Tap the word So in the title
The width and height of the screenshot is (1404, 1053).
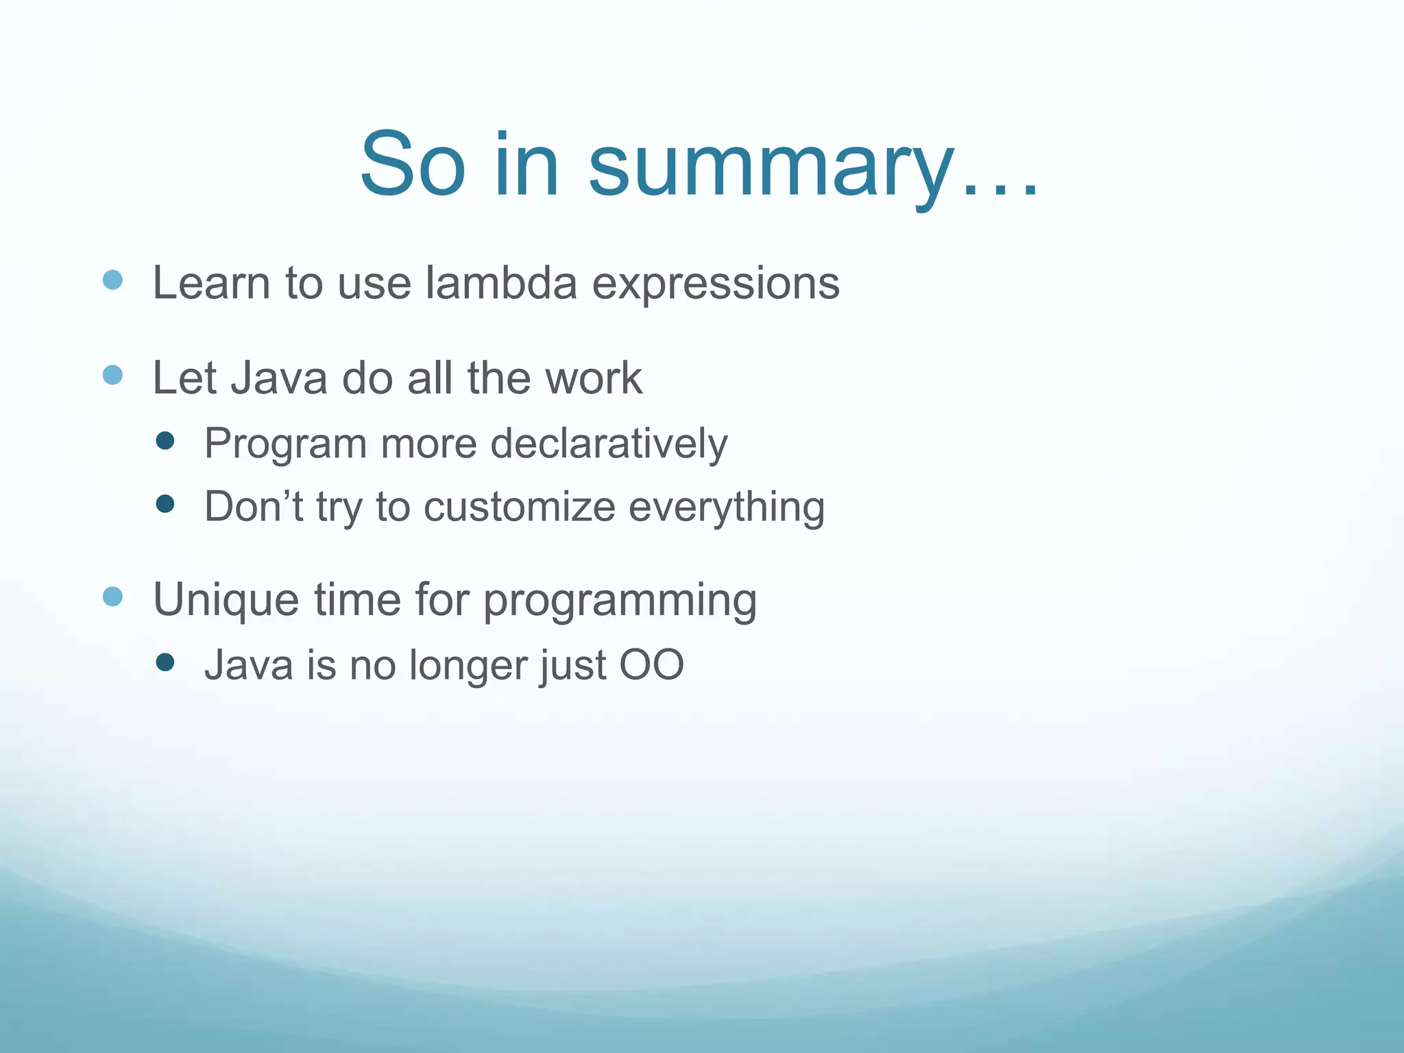point(413,165)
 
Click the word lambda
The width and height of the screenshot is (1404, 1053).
point(501,282)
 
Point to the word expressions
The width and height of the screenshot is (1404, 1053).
point(716,284)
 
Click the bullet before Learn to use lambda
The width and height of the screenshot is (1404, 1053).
point(112,280)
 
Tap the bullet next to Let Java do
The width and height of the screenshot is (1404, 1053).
point(112,375)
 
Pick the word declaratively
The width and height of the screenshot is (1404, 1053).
point(609,444)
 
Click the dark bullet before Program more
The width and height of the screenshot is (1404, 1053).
point(165,440)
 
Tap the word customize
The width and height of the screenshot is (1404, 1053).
point(519,507)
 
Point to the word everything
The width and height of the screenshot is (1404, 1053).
point(726,508)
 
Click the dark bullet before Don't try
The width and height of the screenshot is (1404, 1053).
point(165,505)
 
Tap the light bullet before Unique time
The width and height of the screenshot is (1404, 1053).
point(112,596)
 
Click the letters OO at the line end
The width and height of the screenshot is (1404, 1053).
point(651,665)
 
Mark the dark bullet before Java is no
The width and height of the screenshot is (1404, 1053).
point(165,662)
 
